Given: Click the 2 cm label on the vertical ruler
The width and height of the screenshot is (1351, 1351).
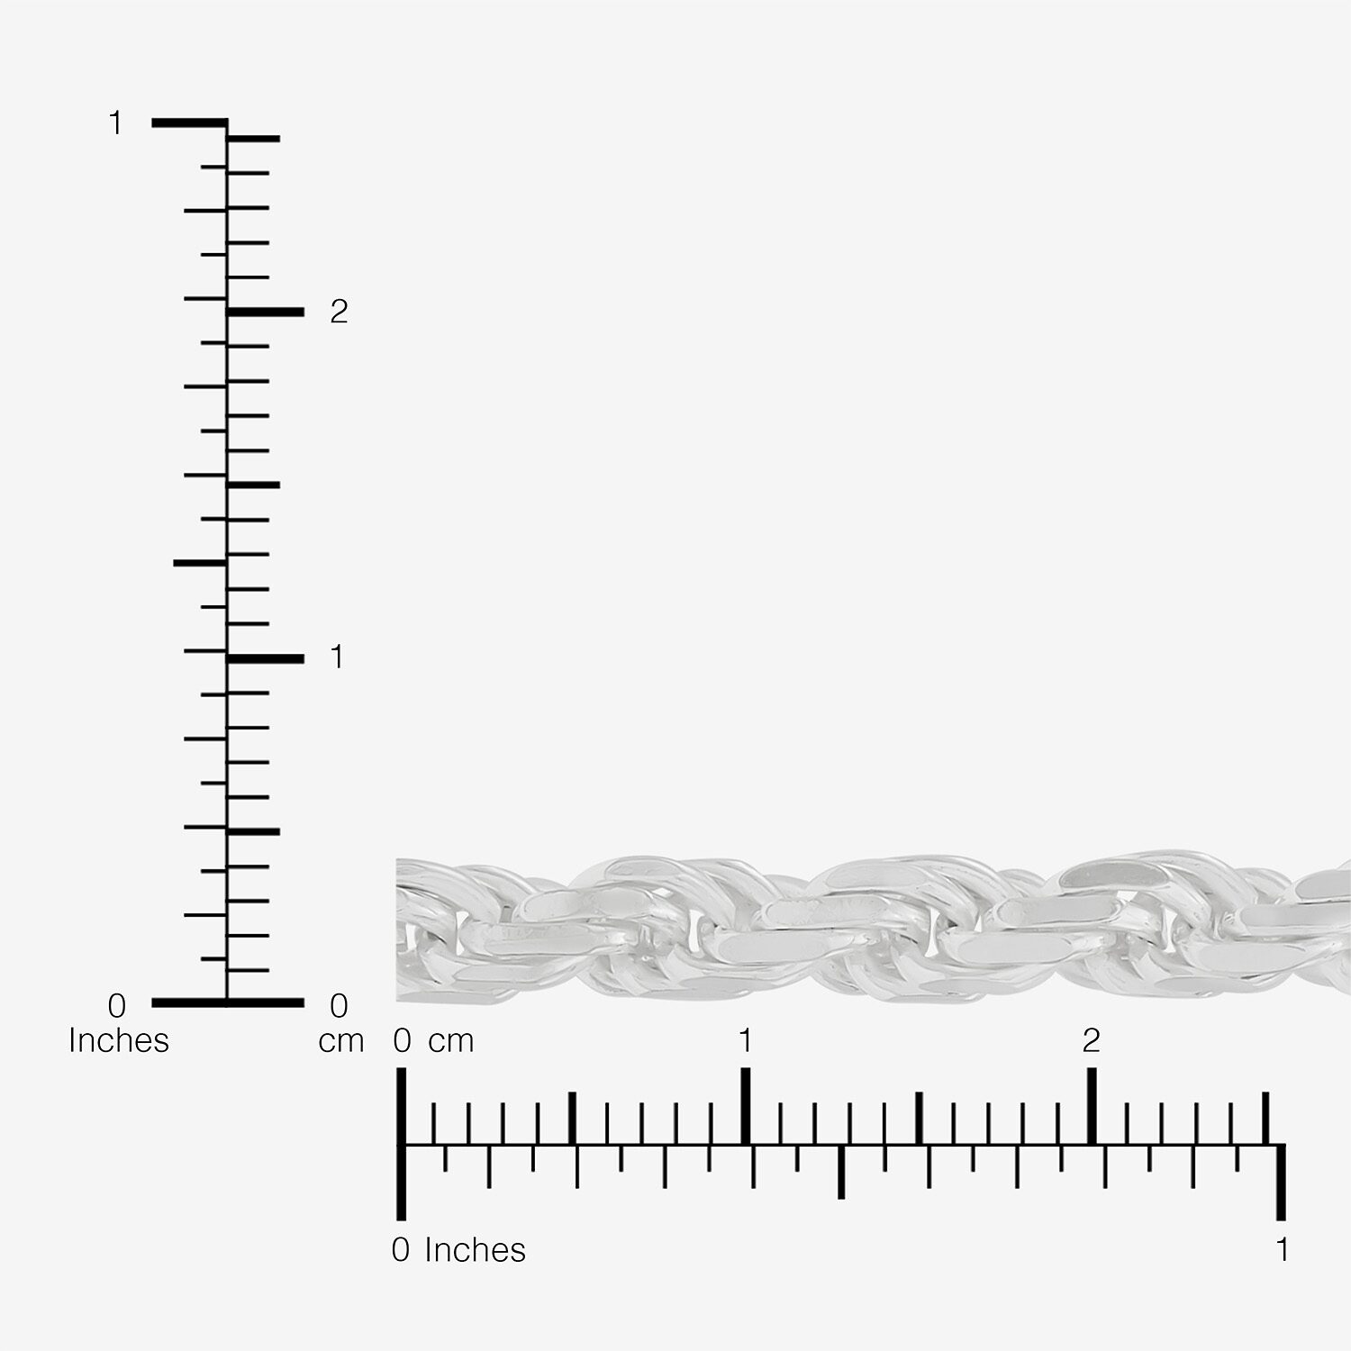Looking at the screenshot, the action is tap(339, 312).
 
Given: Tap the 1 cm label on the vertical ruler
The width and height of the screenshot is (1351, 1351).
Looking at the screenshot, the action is tap(338, 657).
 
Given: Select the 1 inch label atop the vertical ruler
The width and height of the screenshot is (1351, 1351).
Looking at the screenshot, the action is tap(115, 122).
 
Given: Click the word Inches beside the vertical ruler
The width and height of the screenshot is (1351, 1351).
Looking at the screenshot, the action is tap(119, 1040).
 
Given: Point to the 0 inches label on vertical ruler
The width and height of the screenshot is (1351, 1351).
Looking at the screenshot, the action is tap(117, 1005).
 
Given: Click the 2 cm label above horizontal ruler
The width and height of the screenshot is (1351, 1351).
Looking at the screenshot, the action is tap(1092, 1041).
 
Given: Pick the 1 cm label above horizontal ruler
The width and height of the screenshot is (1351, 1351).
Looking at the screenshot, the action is tap(745, 1041).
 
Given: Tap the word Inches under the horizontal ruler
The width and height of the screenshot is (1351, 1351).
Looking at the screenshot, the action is tap(475, 1250).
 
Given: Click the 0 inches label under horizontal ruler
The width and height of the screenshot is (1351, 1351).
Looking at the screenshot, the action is tap(401, 1250).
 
